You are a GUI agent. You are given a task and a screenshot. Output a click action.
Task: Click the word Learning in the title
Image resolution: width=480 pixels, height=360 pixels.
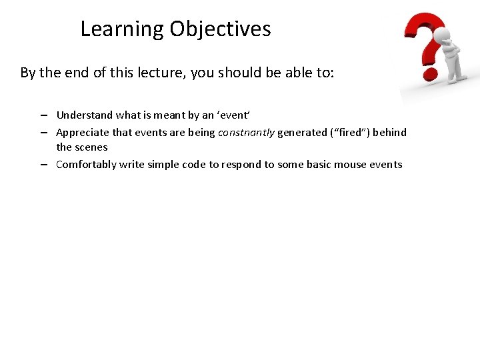pos(122,29)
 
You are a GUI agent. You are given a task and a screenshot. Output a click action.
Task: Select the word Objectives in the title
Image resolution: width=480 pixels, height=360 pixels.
pos(220,29)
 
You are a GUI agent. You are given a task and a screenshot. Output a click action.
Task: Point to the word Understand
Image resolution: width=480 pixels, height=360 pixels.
pos(84,115)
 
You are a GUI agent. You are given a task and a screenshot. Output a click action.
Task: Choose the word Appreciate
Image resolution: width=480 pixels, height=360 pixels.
pos(82,132)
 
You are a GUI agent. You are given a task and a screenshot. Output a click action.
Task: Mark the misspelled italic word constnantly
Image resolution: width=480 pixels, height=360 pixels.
pos(246,132)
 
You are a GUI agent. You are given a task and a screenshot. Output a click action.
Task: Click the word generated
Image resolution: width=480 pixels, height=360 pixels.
pos(302,132)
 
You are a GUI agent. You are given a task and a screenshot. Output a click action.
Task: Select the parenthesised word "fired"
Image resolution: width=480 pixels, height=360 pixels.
pos(350,132)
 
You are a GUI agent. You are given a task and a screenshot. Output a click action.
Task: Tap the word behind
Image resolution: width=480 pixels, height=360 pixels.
pos(389,132)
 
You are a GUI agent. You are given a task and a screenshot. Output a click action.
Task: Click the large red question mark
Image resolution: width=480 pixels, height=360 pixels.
pos(423,43)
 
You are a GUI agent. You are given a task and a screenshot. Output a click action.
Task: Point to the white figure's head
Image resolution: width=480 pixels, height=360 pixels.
pos(441,35)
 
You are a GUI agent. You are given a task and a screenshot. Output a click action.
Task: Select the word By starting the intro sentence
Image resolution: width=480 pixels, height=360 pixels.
pos(27,73)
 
